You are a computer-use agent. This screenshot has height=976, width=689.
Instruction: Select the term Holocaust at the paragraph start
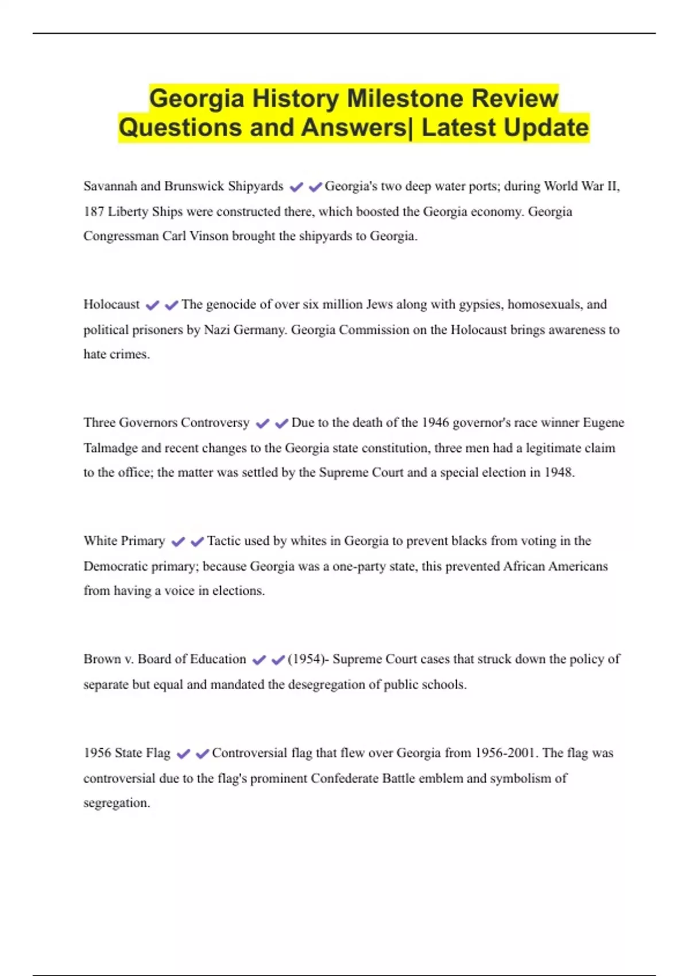(111, 304)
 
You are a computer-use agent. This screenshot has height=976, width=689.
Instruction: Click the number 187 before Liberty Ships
(94, 211)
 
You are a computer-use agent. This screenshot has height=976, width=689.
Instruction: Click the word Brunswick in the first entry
(194, 186)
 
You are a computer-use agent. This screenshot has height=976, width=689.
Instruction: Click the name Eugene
(603, 423)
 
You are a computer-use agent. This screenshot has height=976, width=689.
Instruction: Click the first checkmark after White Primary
(178, 541)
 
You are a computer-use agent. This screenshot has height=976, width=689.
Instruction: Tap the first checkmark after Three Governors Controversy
(262, 424)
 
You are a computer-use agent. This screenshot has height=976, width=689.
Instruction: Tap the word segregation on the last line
(116, 803)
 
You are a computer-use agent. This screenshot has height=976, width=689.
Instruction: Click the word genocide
(230, 304)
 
